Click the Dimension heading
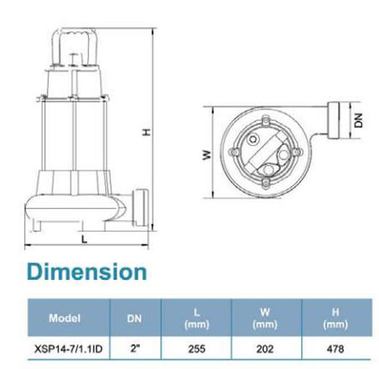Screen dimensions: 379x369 [87, 272]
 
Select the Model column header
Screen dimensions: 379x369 [64, 318]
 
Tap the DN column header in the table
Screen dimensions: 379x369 [134, 319]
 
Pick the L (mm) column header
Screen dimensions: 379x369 [197, 318]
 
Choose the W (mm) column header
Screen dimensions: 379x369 [265, 318]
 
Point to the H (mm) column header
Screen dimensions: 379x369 [336, 318]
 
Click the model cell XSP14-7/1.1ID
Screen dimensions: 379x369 [68, 349]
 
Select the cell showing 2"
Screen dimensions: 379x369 [135, 349]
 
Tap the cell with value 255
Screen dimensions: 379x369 [197, 349]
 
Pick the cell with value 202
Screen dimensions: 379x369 [265, 349]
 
